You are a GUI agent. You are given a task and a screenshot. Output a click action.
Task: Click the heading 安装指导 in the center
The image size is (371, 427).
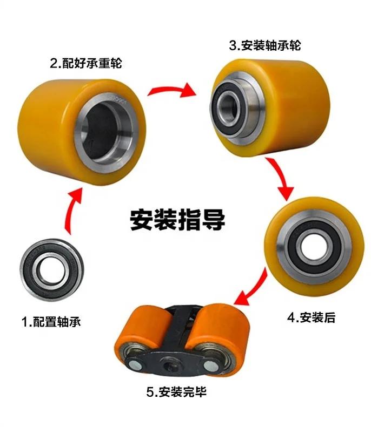(x=177, y=220)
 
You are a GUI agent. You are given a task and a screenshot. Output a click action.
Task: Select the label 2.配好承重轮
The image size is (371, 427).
(x=86, y=63)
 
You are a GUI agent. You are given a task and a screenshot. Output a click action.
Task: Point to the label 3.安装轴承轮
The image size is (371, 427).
(x=264, y=45)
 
